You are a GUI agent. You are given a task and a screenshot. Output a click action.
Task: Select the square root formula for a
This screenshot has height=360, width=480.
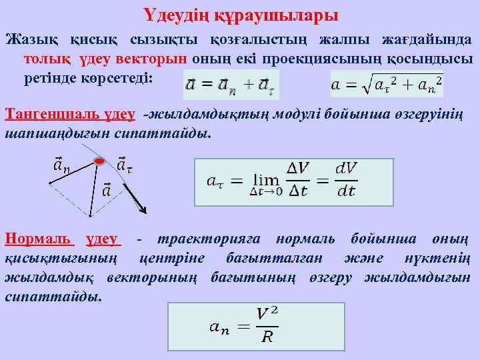click(387, 85)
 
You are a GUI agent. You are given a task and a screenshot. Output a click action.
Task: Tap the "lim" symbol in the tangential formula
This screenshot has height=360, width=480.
click(266, 180)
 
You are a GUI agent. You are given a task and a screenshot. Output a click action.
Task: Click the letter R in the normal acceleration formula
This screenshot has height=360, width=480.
click(267, 336)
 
